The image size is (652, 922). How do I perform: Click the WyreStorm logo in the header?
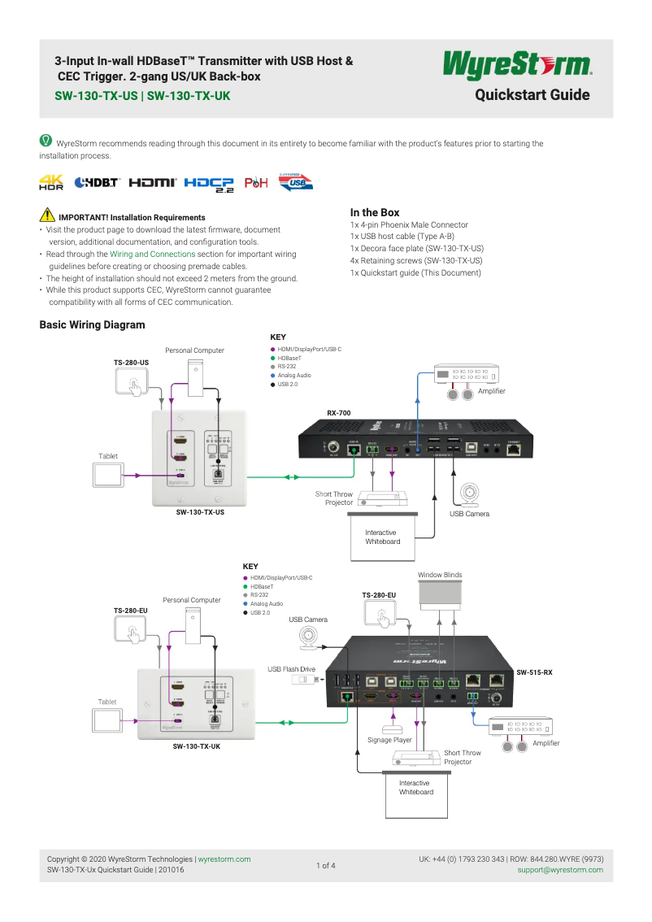(x=516, y=64)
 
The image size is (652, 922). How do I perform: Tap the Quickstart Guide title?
(x=532, y=95)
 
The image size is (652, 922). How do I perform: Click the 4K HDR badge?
(x=51, y=182)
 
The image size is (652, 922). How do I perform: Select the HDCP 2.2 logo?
(x=208, y=184)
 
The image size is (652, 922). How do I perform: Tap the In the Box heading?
(x=374, y=212)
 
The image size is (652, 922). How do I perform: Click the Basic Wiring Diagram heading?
(x=92, y=325)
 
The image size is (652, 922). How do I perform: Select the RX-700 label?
(x=338, y=413)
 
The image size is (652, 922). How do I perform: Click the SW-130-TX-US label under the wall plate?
(x=200, y=512)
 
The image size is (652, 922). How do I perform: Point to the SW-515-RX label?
(x=534, y=672)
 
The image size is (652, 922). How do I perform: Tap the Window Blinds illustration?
(x=440, y=595)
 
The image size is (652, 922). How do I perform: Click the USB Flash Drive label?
(x=291, y=669)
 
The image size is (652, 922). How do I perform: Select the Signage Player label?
(x=389, y=740)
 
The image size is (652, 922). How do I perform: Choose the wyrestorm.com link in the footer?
(x=224, y=859)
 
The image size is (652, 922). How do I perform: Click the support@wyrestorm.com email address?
(x=560, y=870)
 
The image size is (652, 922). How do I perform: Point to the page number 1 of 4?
(x=325, y=865)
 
